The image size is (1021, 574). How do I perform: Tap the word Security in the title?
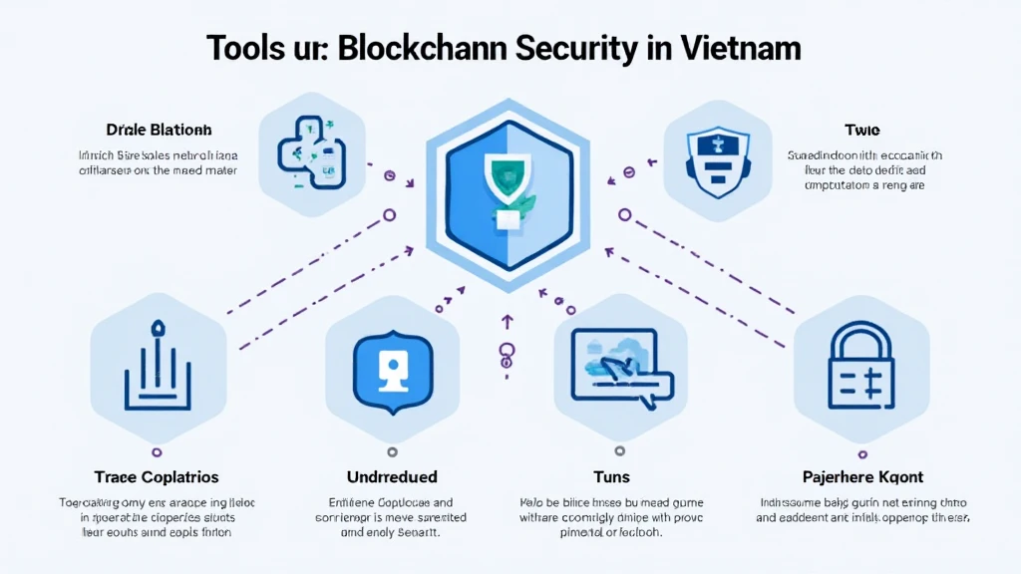pyautogui.click(x=595, y=47)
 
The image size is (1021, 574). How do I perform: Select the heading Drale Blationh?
pyautogui.click(x=159, y=131)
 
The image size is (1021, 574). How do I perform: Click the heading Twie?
pyautogui.click(x=863, y=131)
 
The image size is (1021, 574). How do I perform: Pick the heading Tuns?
pyautogui.click(x=610, y=477)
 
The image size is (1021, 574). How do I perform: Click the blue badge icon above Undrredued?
pyautogui.click(x=390, y=366)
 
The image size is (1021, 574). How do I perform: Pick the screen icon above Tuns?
pyautogui.click(x=619, y=369)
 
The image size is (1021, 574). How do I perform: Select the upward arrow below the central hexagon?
pyautogui.click(x=506, y=322)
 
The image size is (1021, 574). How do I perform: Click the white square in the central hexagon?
pyautogui.click(x=507, y=221)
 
